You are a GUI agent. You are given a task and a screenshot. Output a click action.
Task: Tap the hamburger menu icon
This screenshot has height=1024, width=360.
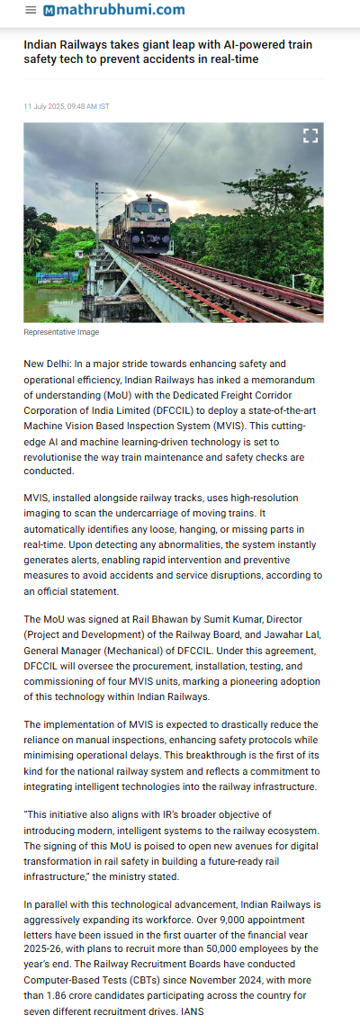click(x=31, y=10)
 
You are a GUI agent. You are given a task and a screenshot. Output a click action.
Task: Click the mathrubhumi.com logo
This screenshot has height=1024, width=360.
click(x=114, y=10)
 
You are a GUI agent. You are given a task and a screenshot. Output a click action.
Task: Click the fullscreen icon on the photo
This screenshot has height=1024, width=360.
click(x=310, y=136)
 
